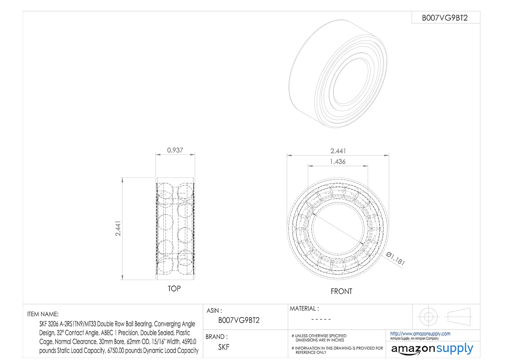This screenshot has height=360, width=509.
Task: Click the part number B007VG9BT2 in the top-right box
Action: tap(445, 18)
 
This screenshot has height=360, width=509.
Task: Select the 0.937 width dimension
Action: tap(175, 150)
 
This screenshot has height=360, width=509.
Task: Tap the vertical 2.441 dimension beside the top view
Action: tap(118, 229)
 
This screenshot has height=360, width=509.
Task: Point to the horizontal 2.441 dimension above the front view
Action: tap(338, 151)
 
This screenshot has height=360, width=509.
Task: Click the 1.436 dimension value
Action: tap(338, 162)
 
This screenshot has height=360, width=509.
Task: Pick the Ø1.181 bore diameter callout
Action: tap(396, 259)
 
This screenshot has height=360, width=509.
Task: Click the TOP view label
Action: tap(174, 289)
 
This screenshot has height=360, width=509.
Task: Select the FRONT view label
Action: tap(341, 291)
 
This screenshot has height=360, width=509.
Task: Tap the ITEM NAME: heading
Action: tap(43, 314)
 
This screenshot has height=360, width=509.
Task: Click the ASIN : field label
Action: tap(214, 311)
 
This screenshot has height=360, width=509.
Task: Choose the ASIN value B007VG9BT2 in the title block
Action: tap(239, 320)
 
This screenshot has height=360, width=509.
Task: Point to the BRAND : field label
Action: tap(216, 337)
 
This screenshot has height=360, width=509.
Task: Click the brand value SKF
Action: tap(224, 347)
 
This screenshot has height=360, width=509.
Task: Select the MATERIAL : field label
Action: tap(304, 309)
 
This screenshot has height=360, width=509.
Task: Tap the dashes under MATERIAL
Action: tap(321, 319)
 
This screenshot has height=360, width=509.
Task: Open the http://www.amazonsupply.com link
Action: tap(420, 334)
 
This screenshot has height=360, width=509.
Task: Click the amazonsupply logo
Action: tap(432, 349)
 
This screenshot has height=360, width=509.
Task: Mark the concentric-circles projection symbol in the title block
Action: tap(428, 317)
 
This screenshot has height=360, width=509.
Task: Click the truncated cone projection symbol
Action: tap(459, 317)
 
